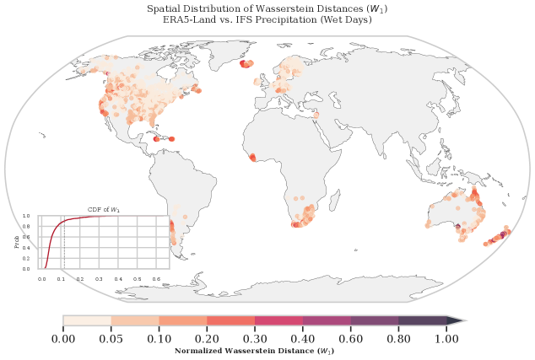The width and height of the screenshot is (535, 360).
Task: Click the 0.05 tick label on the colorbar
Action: click(111, 339)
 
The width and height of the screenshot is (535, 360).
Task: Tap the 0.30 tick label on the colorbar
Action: click(255, 339)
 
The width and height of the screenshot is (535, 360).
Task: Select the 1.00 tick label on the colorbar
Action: click(446, 339)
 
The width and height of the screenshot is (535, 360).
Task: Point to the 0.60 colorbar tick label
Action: click(350, 339)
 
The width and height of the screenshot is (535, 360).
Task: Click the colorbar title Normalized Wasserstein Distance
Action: click(255, 350)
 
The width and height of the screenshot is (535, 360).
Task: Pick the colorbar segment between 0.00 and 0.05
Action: click(87, 321)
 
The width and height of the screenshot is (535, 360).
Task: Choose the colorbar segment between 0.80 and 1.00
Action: click(422, 321)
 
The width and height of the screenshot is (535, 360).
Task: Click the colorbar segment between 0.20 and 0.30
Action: click(231, 321)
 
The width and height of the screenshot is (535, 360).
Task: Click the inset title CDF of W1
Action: click(105, 209)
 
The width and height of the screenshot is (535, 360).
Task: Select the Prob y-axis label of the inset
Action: click(18, 242)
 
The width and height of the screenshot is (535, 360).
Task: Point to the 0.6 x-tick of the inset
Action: click(156, 277)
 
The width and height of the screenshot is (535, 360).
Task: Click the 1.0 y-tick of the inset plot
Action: click(26, 216)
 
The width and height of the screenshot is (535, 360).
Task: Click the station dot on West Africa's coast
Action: click(251, 158)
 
